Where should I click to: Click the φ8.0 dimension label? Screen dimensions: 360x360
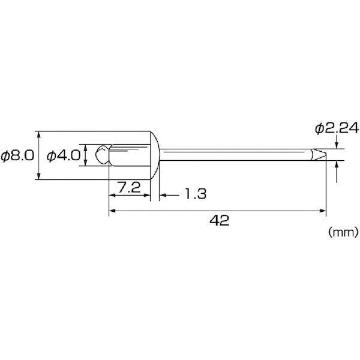(x=17, y=155)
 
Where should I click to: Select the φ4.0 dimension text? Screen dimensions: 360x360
(x=64, y=155)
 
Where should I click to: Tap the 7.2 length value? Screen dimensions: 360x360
(x=129, y=187)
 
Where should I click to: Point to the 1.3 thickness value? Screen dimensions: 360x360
(x=196, y=194)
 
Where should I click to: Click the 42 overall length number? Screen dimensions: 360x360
(x=219, y=220)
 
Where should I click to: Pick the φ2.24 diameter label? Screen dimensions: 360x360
(x=337, y=128)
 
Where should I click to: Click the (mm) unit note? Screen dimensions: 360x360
(x=343, y=232)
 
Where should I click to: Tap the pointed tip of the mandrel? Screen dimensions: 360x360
(x=326, y=154)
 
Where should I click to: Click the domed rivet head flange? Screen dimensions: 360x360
(x=155, y=155)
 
